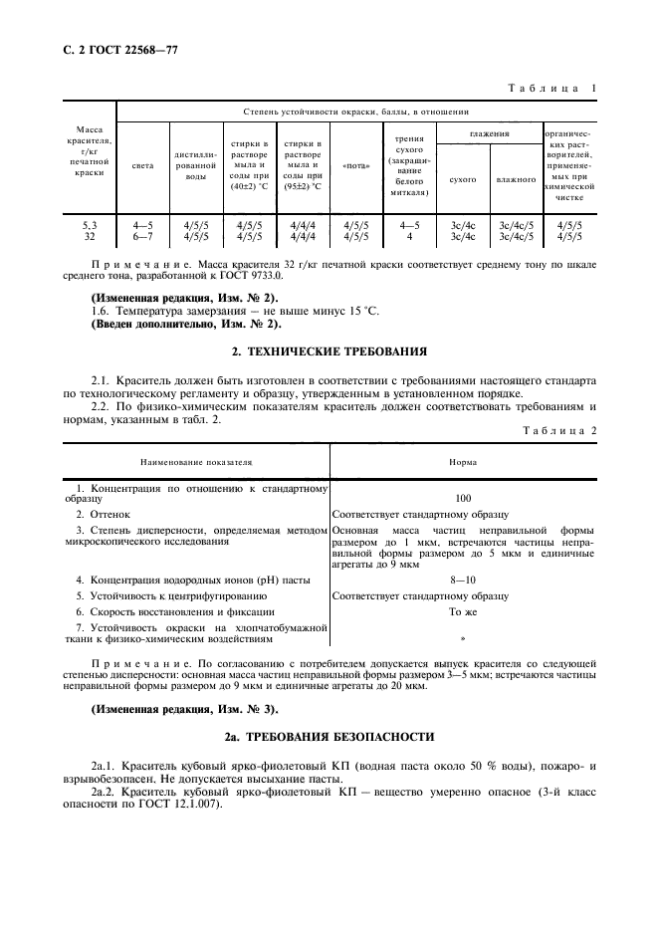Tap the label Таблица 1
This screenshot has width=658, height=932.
[x=551, y=89]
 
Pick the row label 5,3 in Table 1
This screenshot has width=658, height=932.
[x=90, y=226]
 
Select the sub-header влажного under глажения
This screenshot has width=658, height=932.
[x=517, y=180]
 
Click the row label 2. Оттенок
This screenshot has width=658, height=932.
[x=104, y=514]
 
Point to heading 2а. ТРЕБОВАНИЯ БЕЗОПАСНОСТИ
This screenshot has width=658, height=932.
[x=329, y=737]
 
